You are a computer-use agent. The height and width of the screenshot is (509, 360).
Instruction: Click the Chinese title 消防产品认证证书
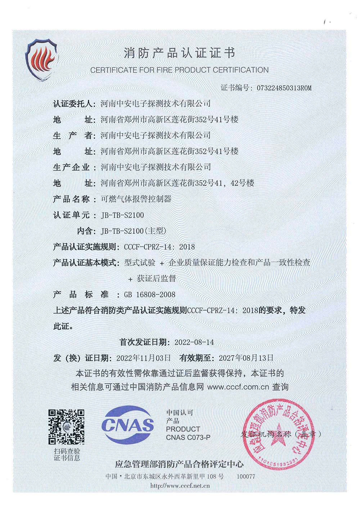click(179, 53)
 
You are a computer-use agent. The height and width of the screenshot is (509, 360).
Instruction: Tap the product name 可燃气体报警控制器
click(136, 199)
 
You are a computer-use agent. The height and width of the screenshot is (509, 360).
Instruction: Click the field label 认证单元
click(71, 215)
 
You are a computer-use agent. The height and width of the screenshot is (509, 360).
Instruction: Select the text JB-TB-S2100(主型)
click(134, 231)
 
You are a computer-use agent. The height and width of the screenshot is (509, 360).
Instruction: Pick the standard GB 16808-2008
click(150, 294)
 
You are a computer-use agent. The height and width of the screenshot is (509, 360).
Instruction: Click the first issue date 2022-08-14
click(194, 342)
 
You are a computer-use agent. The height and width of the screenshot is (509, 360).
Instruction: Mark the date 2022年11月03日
click(143, 358)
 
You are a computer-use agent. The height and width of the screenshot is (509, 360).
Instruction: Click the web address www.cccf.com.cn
click(238, 387)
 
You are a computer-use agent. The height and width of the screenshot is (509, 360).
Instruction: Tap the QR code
click(67, 427)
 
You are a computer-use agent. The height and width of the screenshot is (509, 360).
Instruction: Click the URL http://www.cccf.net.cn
click(180, 486)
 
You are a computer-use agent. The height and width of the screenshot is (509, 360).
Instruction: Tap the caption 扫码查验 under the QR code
click(67, 451)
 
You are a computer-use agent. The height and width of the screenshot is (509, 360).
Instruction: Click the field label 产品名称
click(71, 199)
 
